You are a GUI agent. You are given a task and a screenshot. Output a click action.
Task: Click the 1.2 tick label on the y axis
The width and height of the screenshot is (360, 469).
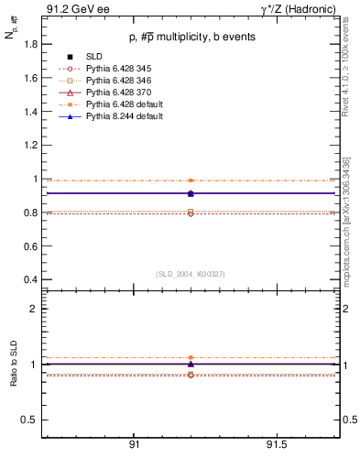(28, 146)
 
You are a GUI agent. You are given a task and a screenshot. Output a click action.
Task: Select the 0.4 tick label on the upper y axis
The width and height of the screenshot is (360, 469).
(28, 279)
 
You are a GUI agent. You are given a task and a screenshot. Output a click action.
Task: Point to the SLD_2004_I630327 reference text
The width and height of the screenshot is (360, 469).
(191, 273)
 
